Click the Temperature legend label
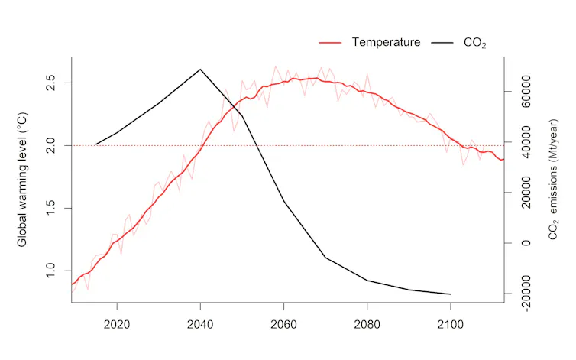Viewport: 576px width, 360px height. [x=386, y=42]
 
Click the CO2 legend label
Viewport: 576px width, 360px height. [x=474, y=43]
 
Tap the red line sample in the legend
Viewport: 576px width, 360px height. [x=329, y=42]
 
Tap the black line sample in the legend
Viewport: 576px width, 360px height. [x=443, y=42]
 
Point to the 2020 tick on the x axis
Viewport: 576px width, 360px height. [x=117, y=325]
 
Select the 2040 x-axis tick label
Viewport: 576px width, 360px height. [x=200, y=325]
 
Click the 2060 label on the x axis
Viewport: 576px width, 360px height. [x=283, y=325]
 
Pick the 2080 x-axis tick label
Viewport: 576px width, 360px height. [x=367, y=325]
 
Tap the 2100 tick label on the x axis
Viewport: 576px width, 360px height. [x=450, y=325]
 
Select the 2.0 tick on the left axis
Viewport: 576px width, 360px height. [x=50, y=145]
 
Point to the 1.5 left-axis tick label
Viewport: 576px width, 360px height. [x=50, y=208]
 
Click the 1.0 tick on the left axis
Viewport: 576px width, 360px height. [x=50, y=271]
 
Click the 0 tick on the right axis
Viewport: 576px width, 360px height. [x=526, y=243]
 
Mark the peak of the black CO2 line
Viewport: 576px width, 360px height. [x=200, y=70]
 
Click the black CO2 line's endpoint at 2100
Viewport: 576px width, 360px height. [x=450, y=294]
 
